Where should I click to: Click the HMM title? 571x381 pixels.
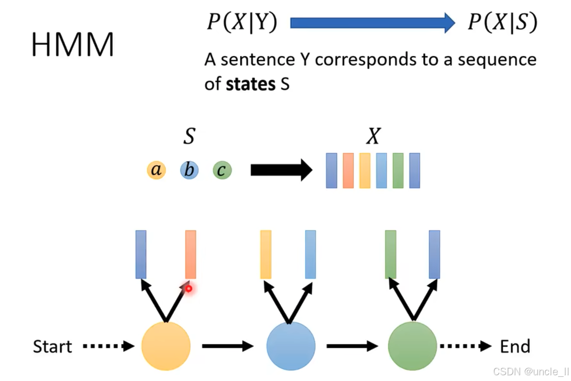pyautogui.click(x=73, y=45)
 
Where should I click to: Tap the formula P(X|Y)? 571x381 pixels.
pyautogui.click(x=242, y=22)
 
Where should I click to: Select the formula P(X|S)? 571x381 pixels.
pyautogui.click(x=502, y=22)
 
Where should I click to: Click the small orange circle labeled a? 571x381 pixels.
pyautogui.click(x=156, y=170)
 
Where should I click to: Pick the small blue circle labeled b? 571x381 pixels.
pyautogui.click(x=189, y=170)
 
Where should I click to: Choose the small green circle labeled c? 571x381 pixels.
pyautogui.click(x=222, y=170)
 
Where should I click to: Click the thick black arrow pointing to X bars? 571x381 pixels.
pyautogui.click(x=281, y=170)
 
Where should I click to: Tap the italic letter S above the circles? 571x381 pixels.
pyautogui.click(x=189, y=137)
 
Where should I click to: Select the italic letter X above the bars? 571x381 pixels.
pyautogui.click(x=373, y=137)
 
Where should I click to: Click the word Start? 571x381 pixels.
pyautogui.click(x=52, y=346)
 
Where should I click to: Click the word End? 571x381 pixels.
pyautogui.click(x=515, y=346)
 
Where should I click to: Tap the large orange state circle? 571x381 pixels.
pyautogui.click(x=166, y=346)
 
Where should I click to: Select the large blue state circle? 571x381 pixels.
pyautogui.click(x=291, y=346)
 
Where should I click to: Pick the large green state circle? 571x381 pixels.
pyautogui.click(x=412, y=346)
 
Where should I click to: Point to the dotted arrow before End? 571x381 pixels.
pyautogui.click(x=465, y=346)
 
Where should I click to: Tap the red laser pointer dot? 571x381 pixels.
pyautogui.click(x=189, y=288)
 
